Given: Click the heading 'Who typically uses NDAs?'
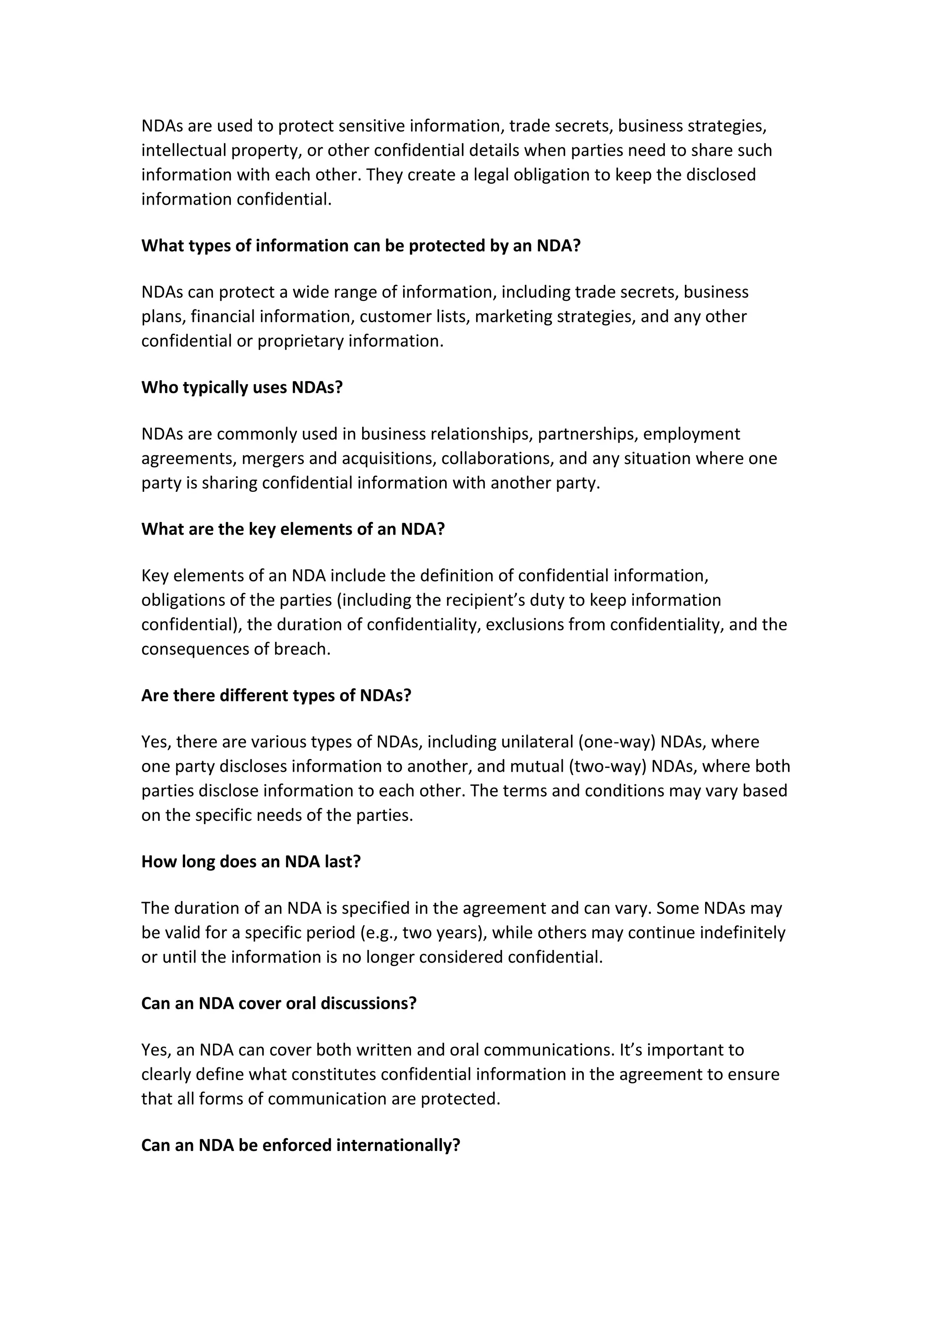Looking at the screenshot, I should (x=242, y=387).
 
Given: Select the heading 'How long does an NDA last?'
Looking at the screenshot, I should (x=251, y=862).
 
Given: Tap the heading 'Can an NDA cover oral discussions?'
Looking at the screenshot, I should (x=278, y=1003).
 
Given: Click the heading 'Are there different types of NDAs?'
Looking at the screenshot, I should (x=276, y=696).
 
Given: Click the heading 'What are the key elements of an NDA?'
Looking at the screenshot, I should (x=293, y=529).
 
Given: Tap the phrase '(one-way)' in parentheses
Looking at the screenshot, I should (x=617, y=742).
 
